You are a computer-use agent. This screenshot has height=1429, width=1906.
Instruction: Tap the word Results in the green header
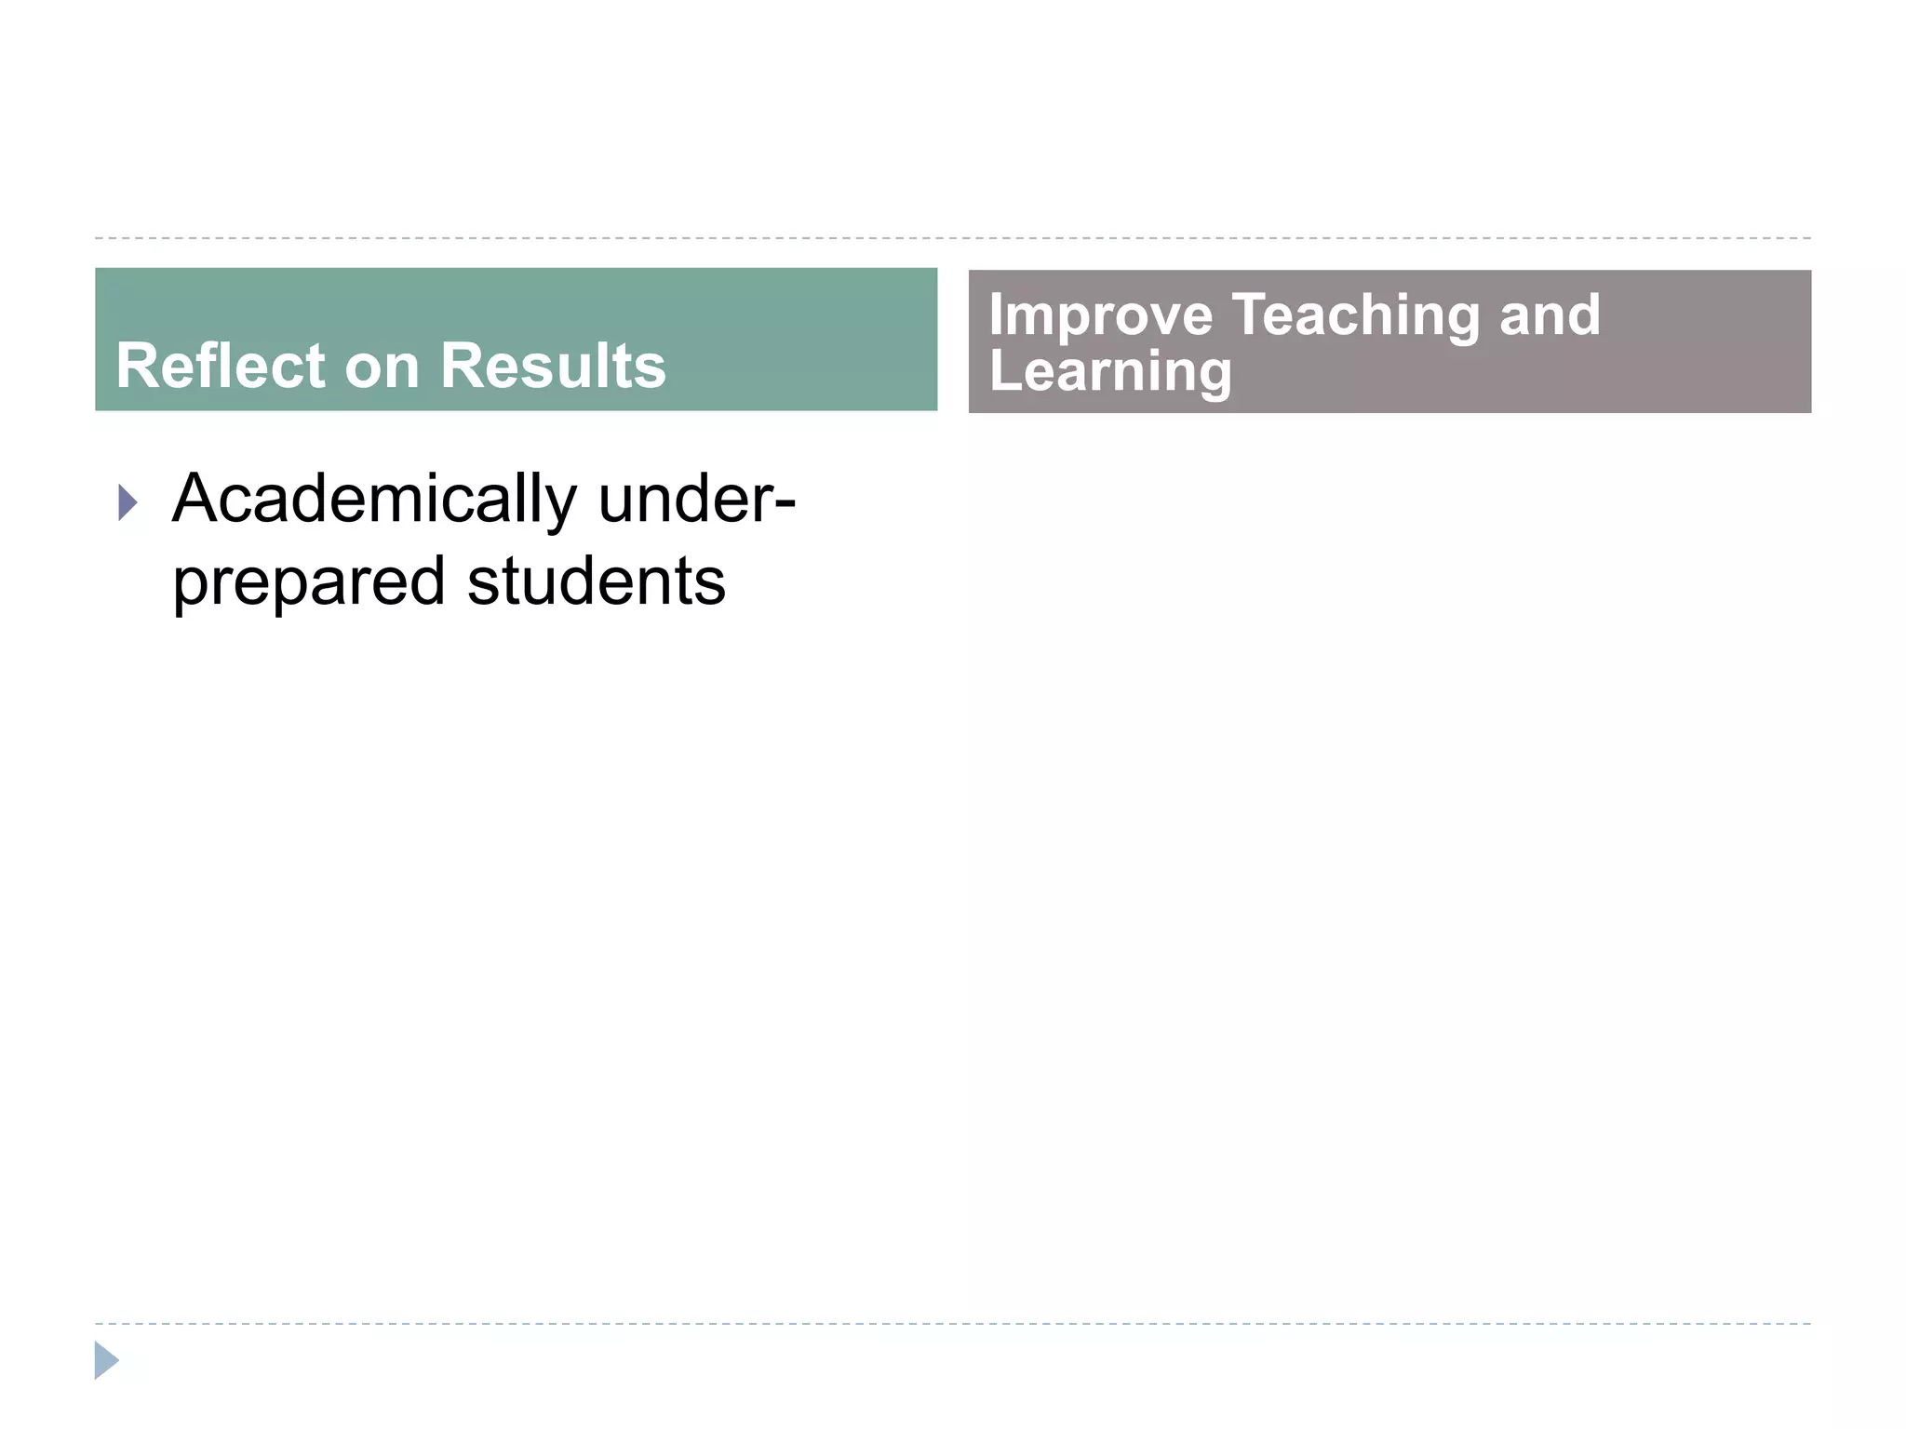pos(553,366)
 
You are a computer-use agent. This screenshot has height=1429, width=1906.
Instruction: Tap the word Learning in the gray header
pos(1109,371)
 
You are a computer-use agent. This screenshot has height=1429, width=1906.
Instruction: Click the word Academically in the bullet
pos(374,501)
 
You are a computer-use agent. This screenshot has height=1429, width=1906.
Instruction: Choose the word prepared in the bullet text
pos(308,582)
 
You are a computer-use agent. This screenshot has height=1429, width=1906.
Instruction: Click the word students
pos(596,582)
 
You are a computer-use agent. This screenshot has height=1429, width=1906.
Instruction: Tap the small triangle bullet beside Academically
pos(128,503)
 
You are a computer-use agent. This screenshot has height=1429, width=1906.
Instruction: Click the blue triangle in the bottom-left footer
pos(106,1360)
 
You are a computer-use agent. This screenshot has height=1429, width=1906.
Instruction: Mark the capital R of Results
pos(463,366)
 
